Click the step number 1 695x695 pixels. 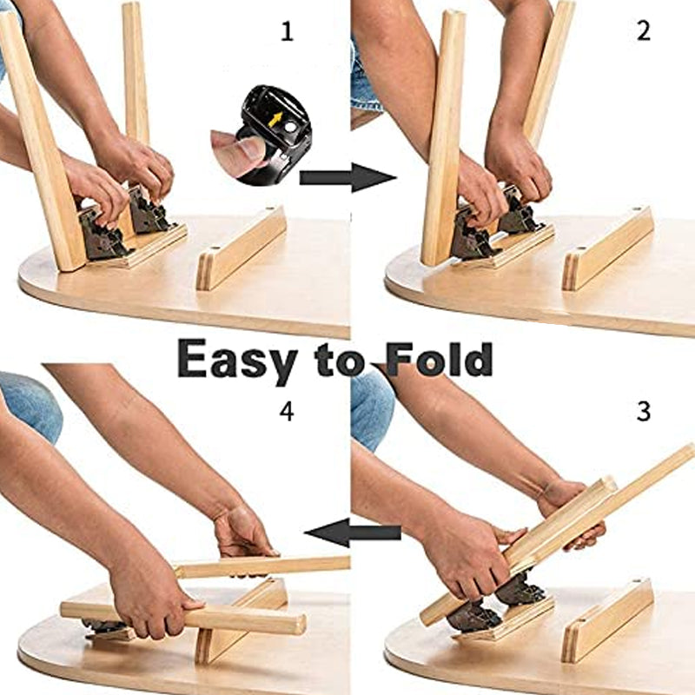288,31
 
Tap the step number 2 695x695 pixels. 644,31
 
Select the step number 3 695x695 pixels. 644,411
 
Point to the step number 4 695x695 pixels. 287,411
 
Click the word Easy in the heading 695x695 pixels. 237,361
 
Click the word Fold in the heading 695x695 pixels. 439,358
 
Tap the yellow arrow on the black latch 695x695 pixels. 275,119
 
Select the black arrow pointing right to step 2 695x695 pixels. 347,178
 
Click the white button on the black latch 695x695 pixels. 290,127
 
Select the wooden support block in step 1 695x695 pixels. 242,248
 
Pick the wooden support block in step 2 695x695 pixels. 608,248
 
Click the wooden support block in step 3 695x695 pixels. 607,620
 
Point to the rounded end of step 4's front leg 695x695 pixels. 299,624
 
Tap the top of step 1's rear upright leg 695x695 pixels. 132,6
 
